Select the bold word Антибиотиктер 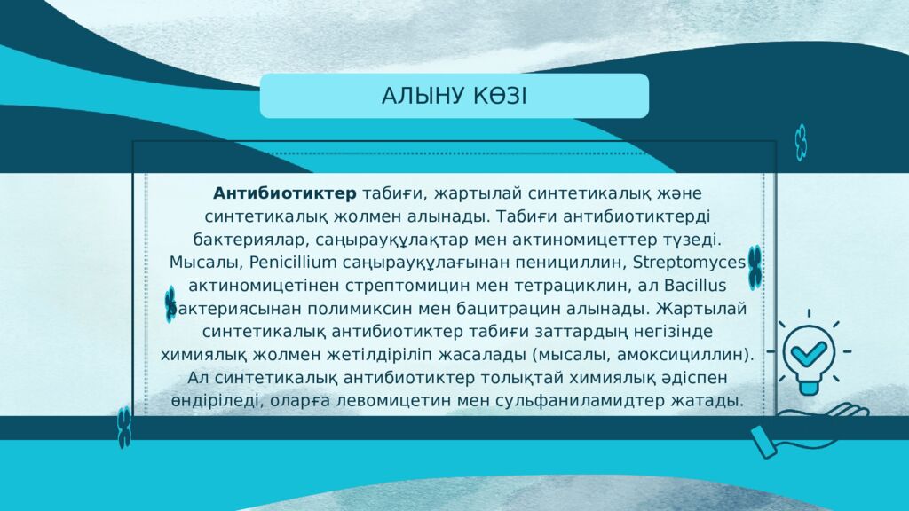click(285, 193)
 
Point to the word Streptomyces click(689, 263)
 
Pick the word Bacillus click(695, 286)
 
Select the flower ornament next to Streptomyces click(755, 268)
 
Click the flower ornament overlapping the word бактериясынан click(170, 304)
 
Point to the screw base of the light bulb click(808, 385)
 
